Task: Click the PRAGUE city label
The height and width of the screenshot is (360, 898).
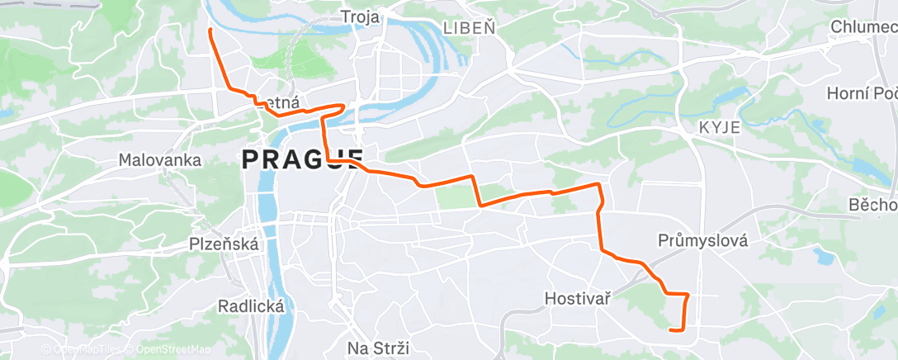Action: pyautogui.click(x=303, y=159)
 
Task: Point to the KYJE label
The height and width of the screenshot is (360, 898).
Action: pyautogui.click(x=719, y=127)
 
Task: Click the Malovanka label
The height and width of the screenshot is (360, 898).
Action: pyautogui.click(x=160, y=159)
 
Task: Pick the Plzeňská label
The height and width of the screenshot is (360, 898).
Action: pyautogui.click(x=224, y=244)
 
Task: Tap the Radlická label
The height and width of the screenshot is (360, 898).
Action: pyautogui.click(x=252, y=306)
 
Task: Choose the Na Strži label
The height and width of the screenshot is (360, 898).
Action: pyautogui.click(x=378, y=348)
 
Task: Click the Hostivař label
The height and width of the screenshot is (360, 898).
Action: pyautogui.click(x=578, y=297)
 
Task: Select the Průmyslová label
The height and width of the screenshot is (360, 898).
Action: pyautogui.click(x=703, y=241)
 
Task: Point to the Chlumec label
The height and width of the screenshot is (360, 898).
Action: pyautogui.click(x=863, y=27)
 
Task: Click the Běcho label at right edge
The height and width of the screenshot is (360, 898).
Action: pyautogui.click(x=873, y=205)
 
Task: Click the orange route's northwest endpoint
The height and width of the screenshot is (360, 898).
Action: pyautogui.click(x=210, y=31)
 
